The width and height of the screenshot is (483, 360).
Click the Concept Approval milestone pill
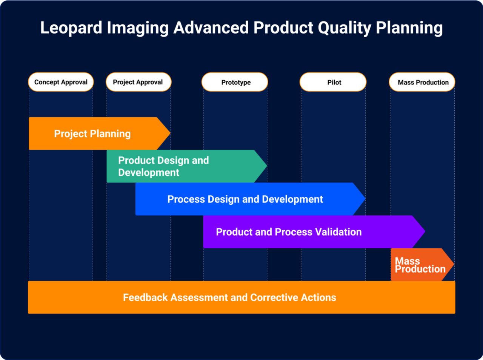point(61,82)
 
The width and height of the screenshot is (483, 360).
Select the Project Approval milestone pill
point(138,82)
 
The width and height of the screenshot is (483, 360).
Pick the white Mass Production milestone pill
point(422,82)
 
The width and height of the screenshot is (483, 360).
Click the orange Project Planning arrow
point(92,133)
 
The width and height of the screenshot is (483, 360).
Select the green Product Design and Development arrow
point(181,166)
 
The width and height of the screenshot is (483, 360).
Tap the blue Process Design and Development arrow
point(245,199)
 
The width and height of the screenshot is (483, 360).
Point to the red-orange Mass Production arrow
point(420,265)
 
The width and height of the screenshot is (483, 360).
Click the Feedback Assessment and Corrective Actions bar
point(241,297)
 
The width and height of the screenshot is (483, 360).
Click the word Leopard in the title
point(71,28)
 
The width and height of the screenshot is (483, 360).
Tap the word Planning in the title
point(409,28)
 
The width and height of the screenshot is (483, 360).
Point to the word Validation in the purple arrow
point(338,232)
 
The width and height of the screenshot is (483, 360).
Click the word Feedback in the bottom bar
point(145,297)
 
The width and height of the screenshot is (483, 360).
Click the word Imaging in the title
point(137,28)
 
